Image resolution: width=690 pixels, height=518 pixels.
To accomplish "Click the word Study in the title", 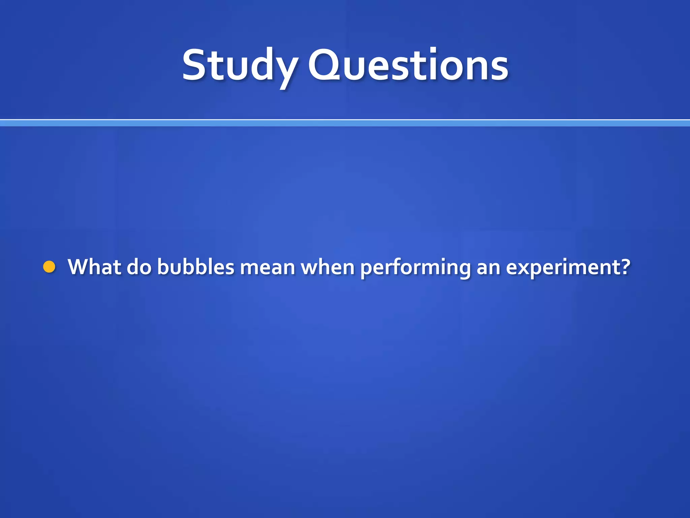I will (x=240, y=65).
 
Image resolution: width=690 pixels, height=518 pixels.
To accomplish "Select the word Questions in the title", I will (x=408, y=65).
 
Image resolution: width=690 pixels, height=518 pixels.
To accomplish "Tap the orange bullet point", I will (x=49, y=267).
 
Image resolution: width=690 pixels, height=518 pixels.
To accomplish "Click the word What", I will (x=94, y=267).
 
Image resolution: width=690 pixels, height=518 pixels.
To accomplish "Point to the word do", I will (x=139, y=267).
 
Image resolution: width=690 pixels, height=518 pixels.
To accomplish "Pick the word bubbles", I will (x=195, y=267).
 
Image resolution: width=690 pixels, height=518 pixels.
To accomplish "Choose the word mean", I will (x=267, y=267).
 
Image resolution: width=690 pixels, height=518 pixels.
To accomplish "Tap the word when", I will (x=327, y=267).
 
